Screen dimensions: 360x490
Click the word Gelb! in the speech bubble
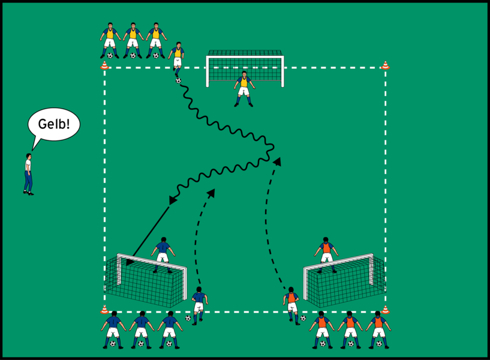[x=54, y=124]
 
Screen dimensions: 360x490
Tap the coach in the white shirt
[x=28, y=174]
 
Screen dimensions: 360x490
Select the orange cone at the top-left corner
[x=104, y=65]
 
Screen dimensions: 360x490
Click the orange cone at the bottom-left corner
[x=104, y=310]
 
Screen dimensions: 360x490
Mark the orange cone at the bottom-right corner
[x=385, y=310]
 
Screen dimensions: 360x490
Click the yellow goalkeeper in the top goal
[x=244, y=88]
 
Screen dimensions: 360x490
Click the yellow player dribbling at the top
[x=177, y=59]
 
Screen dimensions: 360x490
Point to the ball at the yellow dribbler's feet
[x=178, y=80]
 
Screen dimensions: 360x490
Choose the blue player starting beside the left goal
[x=199, y=303]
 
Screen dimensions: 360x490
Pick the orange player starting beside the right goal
[x=291, y=304]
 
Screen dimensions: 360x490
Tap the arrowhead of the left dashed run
[x=212, y=192]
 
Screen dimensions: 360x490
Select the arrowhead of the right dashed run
[x=277, y=160]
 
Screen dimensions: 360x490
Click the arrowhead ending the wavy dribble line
[x=173, y=200]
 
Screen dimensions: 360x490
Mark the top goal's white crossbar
[x=245, y=57]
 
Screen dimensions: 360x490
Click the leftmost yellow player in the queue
[x=109, y=40]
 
